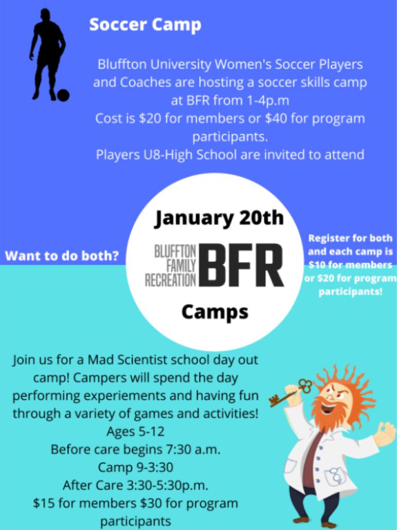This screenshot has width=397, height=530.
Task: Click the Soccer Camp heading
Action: coord(145,25)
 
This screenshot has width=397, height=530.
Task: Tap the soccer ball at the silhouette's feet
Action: coord(63,95)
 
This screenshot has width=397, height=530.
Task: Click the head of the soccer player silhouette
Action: coord(45,15)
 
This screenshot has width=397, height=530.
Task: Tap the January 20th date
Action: coord(219,218)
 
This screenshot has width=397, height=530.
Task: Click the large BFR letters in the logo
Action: coord(241,265)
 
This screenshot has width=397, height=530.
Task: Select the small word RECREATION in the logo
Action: coord(171,280)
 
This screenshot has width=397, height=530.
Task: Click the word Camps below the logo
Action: coord(215,312)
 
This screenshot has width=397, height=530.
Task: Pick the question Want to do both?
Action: coord(62,256)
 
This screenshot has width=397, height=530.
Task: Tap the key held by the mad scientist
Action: coord(291,392)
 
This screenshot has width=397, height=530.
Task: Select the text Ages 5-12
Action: coord(135,432)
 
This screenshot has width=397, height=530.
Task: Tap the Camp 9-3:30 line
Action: coord(135,468)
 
